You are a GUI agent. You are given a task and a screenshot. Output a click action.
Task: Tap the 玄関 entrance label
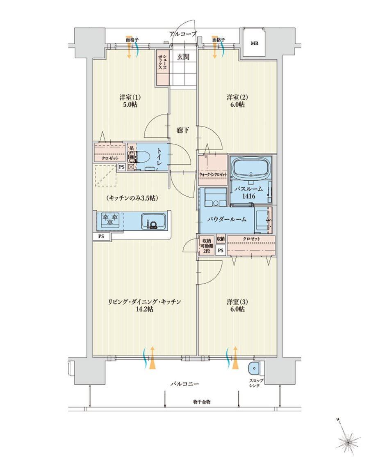[183, 57]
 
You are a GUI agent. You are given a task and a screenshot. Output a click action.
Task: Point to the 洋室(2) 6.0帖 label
[236, 101]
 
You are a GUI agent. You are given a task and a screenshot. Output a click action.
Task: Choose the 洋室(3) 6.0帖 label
[236, 306]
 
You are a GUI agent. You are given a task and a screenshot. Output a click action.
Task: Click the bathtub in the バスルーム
[251, 168]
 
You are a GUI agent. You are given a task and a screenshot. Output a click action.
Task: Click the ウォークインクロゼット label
[213, 175]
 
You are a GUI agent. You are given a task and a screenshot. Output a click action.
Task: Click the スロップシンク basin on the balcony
[254, 369]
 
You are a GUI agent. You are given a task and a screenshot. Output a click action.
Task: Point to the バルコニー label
[184, 384]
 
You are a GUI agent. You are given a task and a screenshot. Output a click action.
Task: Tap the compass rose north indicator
[348, 442]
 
